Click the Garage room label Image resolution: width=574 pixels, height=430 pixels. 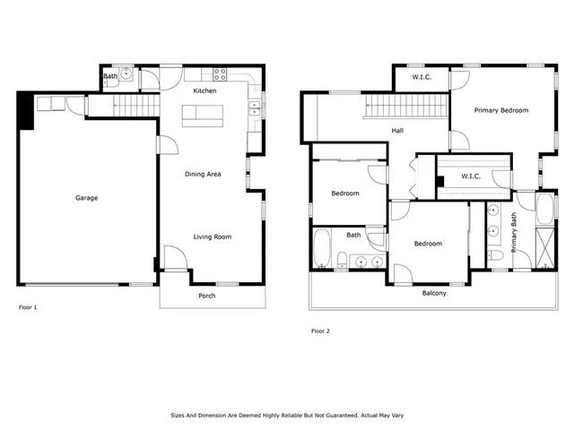87,198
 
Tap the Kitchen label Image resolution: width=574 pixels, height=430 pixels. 205,90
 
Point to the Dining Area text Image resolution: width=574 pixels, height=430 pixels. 203,174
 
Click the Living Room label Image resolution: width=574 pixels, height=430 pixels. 213,236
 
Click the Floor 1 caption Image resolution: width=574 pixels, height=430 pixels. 28,307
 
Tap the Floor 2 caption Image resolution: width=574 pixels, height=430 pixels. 320,331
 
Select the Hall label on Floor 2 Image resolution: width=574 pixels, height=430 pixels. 397,131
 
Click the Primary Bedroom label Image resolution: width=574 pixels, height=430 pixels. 501,110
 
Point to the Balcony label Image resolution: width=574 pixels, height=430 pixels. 434,293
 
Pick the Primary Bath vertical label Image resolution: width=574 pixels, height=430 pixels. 514,231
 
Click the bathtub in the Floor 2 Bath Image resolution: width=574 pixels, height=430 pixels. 323,249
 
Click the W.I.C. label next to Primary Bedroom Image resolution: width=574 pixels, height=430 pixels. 422,77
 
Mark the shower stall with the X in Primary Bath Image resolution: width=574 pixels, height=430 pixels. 544,243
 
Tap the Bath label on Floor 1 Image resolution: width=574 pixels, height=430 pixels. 109,77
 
